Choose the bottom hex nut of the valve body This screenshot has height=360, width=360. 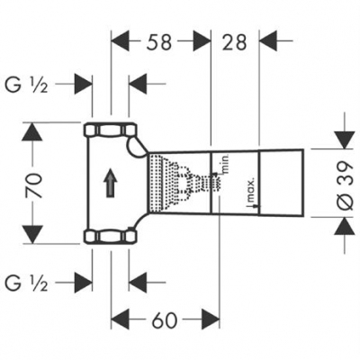tap(108, 237)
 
